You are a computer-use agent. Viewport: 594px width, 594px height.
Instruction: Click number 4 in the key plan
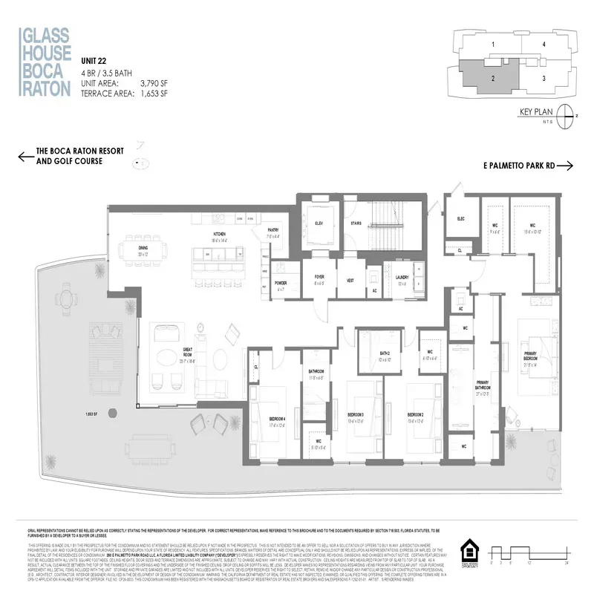click(x=544, y=45)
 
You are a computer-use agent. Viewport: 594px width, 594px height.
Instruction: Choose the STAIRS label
click(x=356, y=222)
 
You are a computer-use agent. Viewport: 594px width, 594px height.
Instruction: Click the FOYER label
click(x=319, y=279)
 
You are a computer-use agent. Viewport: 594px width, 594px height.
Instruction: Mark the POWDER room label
click(x=282, y=283)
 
